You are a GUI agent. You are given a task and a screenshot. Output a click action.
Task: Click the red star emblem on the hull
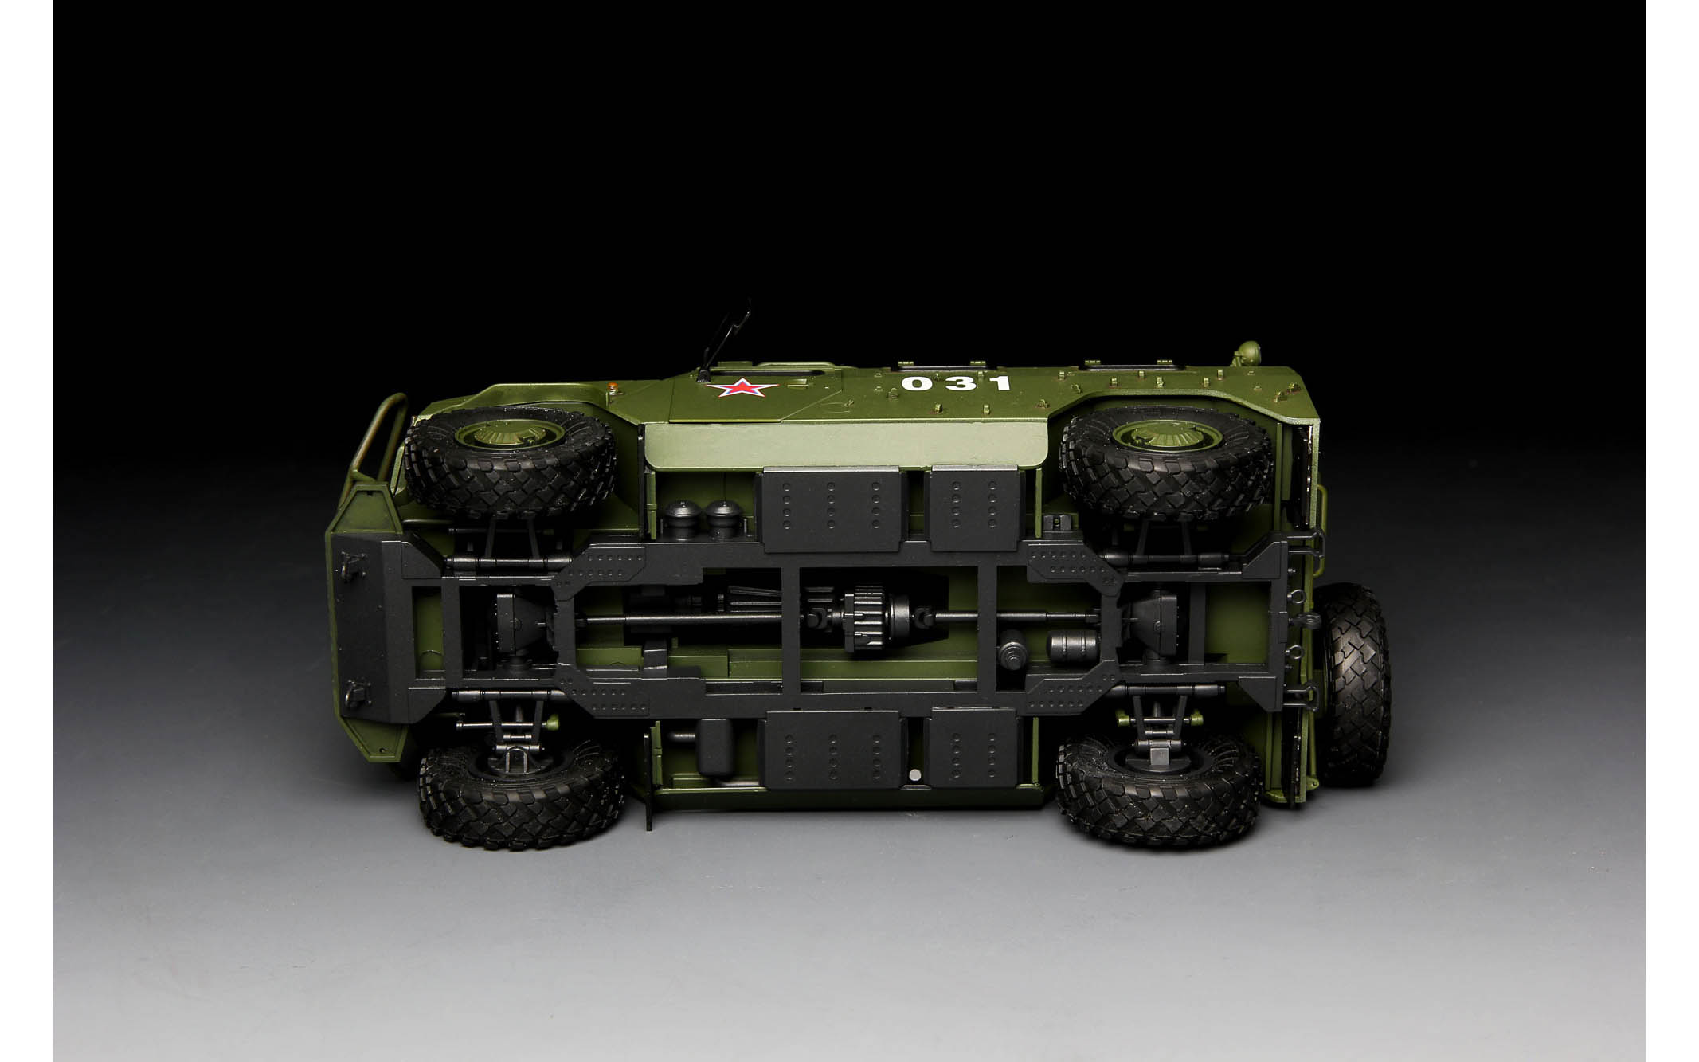(743, 389)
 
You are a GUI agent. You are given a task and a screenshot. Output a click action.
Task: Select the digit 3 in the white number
(960, 383)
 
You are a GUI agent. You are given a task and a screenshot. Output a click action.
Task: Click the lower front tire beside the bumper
(522, 797)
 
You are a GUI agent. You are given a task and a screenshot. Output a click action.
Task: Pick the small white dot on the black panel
(914, 774)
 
